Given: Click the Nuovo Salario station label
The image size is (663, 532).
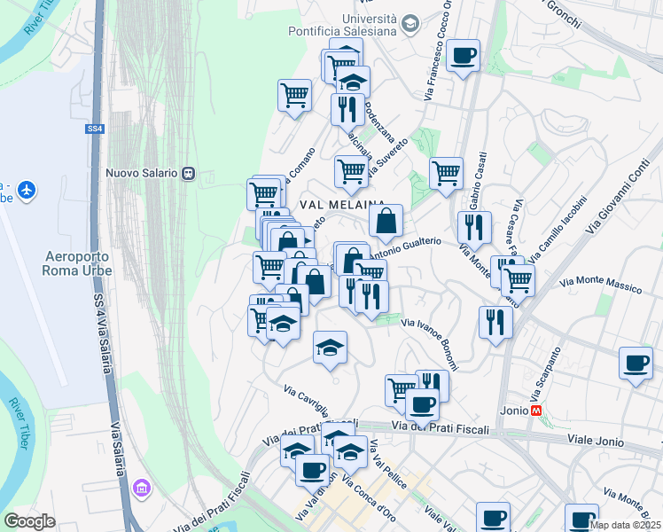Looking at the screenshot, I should pos(142,173).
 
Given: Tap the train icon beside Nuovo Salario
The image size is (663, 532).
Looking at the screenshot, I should pos(188,173).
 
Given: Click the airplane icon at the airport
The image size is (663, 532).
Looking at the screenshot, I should pos(27,190).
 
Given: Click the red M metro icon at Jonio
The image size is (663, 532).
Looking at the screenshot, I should pos(535,411).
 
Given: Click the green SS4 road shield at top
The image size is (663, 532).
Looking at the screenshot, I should pos(95,129).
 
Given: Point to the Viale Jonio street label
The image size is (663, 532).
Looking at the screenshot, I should pos(596,441).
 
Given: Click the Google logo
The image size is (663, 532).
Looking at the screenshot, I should pos(30,521).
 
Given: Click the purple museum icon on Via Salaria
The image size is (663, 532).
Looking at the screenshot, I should pos(141,489).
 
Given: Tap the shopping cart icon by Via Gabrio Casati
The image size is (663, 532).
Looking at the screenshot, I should pos(446,173).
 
